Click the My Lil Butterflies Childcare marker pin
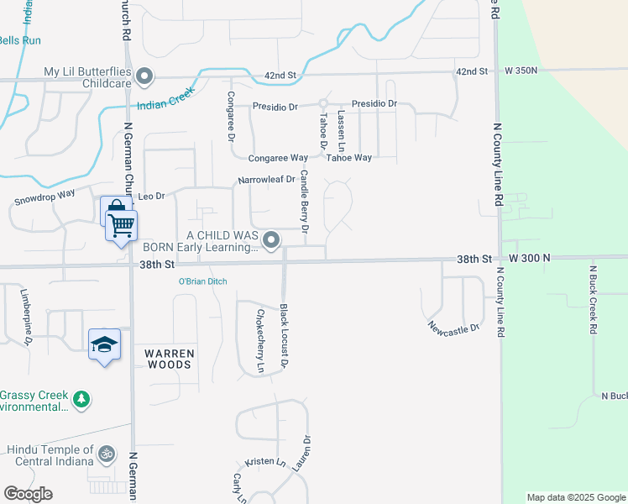(144, 76)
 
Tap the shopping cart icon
(122, 224)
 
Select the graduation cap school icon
(105, 344)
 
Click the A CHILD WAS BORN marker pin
(271, 241)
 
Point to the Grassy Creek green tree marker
(81, 399)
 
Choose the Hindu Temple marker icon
(106, 454)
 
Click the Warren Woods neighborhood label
(169, 359)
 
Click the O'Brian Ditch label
(202, 281)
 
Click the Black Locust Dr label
(284, 336)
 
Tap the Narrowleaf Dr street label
(267, 179)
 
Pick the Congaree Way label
(278, 158)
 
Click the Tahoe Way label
(348, 158)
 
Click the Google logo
(29, 494)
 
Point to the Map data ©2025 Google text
(575, 497)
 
